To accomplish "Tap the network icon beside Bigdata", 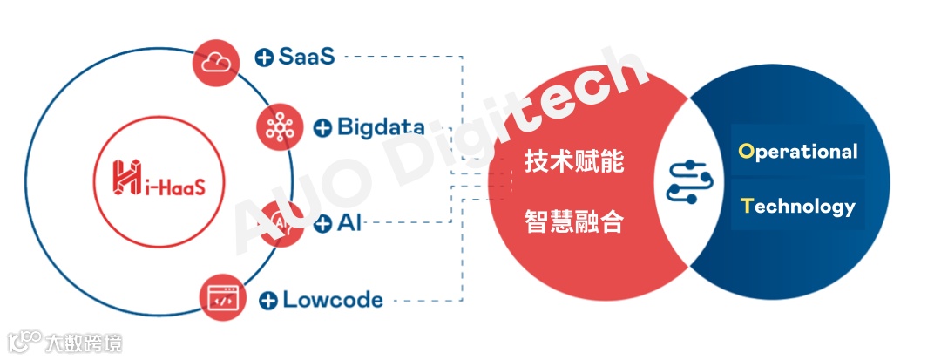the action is [x=280, y=128].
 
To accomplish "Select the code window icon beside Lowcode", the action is [x=221, y=298].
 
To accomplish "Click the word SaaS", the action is [x=307, y=57].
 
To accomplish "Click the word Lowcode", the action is [x=333, y=300].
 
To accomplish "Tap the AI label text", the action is [x=349, y=223].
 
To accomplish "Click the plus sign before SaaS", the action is [x=264, y=58].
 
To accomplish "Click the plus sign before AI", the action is [x=322, y=224].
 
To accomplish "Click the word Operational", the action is [x=797, y=151].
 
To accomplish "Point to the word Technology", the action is [x=797, y=207].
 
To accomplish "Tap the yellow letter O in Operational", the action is [x=746, y=151].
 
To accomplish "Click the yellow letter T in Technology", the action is [x=746, y=206].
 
